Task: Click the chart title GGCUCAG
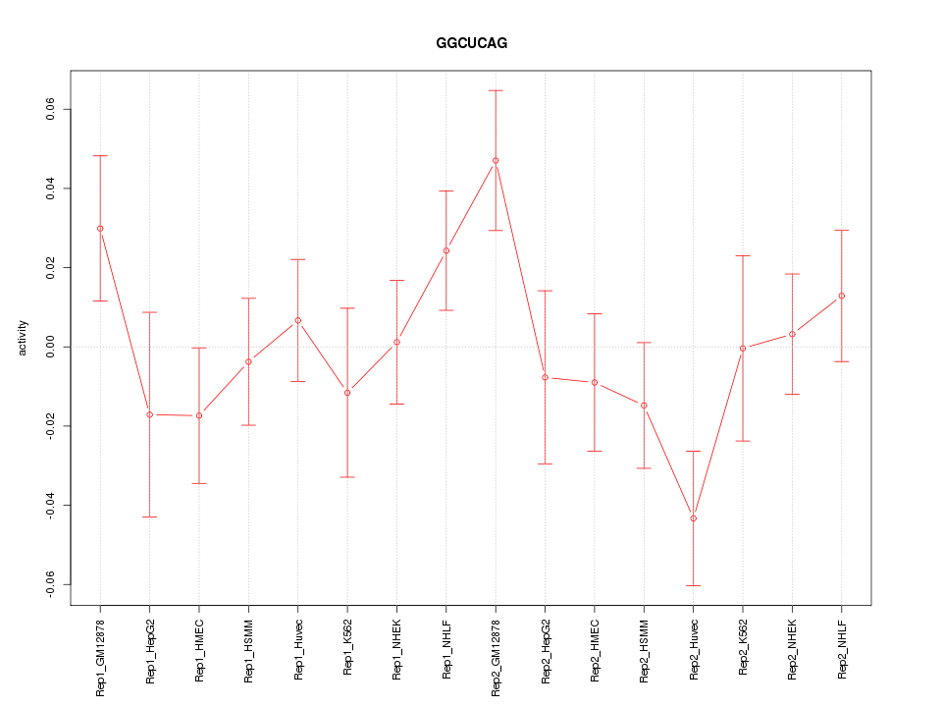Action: (472, 44)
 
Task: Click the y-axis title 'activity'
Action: (24, 338)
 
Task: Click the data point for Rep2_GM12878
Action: (496, 160)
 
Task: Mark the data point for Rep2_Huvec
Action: (694, 518)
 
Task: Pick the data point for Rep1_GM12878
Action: (100, 229)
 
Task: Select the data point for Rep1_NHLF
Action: (446, 250)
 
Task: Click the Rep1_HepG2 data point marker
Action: (149, 414)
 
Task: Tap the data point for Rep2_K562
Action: (743, 348)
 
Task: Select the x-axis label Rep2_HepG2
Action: (545, 652)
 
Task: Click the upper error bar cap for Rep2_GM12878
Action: (496, 90)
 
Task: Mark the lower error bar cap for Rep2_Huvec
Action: (694, 585)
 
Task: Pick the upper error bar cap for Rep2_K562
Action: (743, 255)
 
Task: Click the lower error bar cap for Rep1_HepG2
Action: (149, 517)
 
